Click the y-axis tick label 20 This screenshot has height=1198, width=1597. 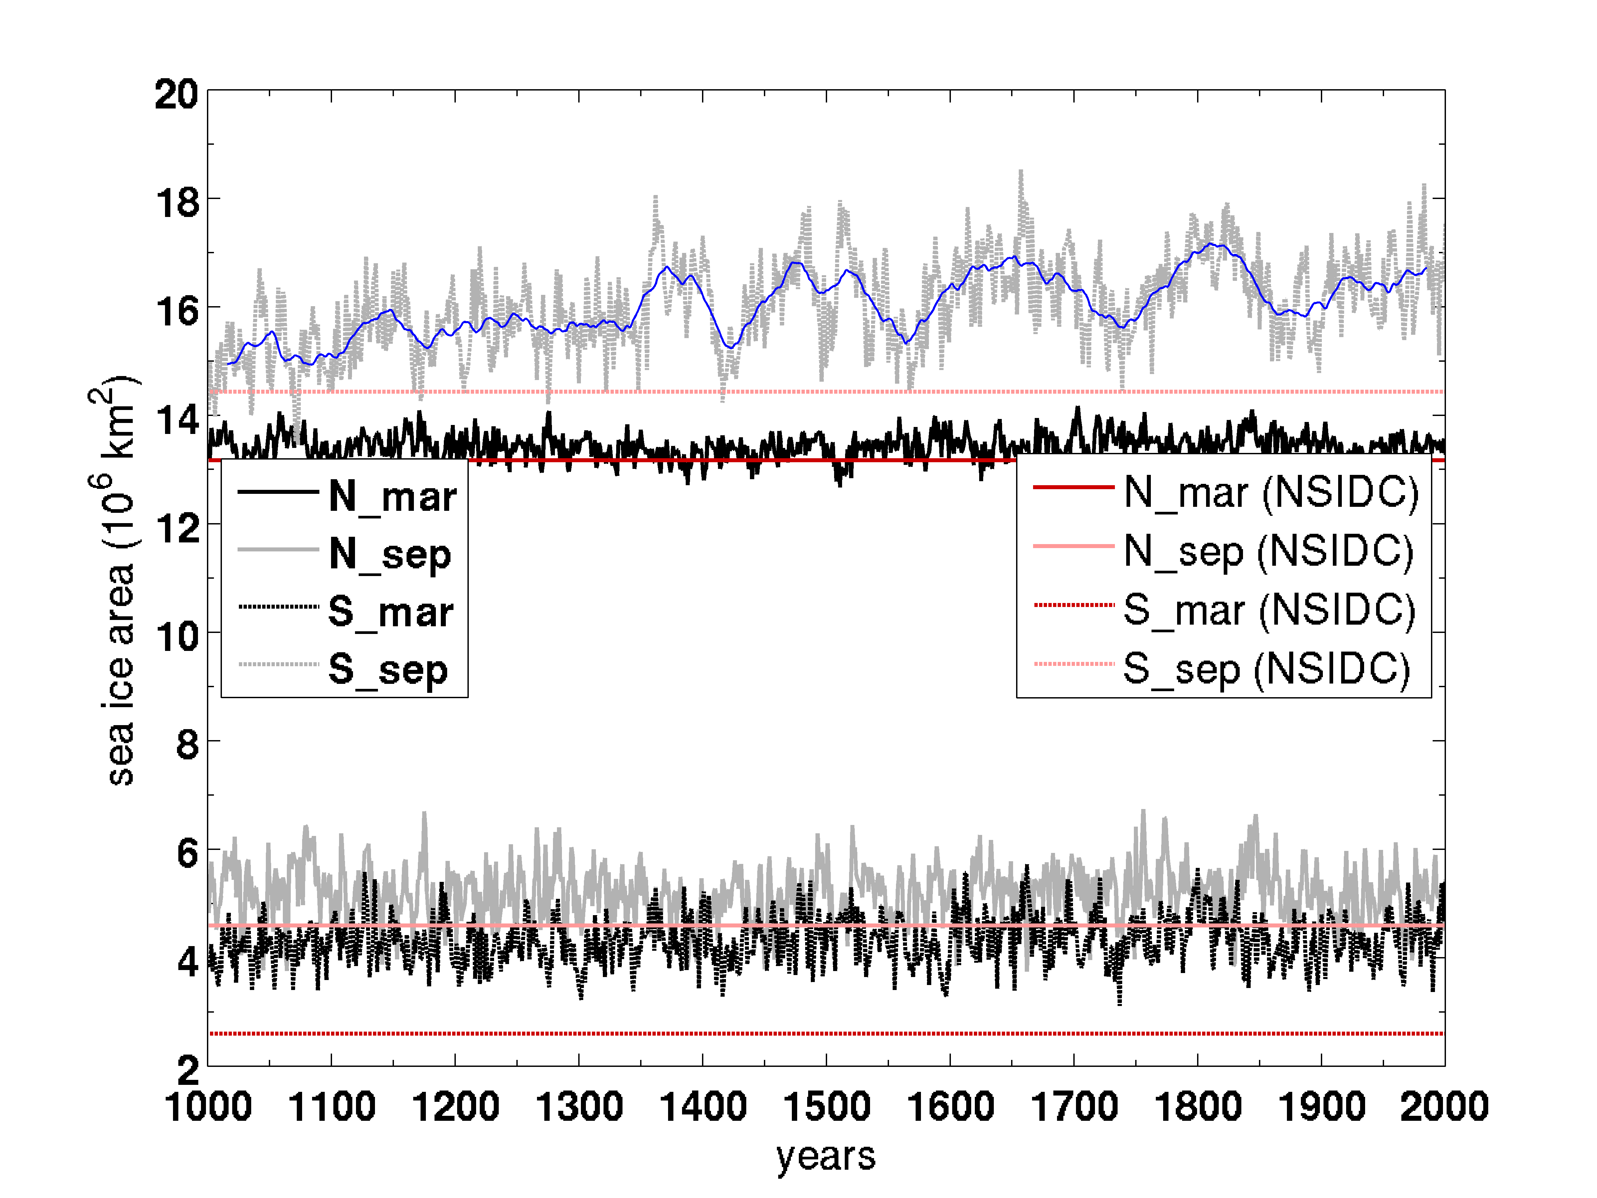pyautogui.click(x=176, y=95)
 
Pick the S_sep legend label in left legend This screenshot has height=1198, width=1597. pyautogui.click(x=388, y=670)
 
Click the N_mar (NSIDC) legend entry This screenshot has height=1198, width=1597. pyautogui.click(x=1271, y=493)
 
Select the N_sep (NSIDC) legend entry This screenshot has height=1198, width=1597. pyautogui.click(x=1268, y=551)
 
